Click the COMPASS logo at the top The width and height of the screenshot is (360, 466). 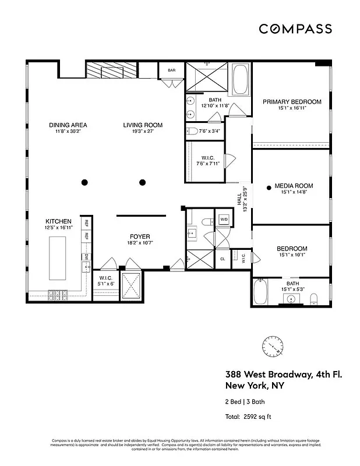tap(295, 29)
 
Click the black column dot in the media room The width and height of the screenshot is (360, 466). tap(269, 187)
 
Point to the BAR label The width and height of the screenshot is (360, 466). tap(171, 70)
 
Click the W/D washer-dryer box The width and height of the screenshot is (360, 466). tap(223, 220)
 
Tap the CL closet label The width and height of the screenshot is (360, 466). tap(223, 259)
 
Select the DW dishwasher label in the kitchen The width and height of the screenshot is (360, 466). tap(86, 256)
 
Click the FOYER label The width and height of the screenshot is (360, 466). tap(140, 236)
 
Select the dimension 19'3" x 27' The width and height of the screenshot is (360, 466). tap(142, 132)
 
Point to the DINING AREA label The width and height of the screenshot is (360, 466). tap(68, 125)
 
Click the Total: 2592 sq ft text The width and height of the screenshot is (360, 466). tap(248, 416)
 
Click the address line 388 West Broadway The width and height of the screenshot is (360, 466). tap(283, 375)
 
